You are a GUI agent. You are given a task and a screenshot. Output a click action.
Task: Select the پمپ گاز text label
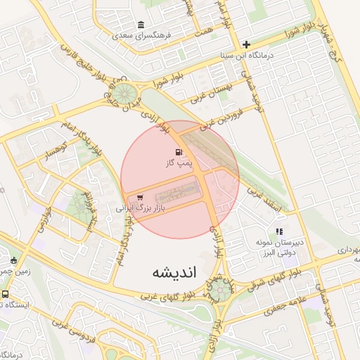coord(178,163)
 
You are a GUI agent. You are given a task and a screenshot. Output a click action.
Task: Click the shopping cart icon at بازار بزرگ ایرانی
coord(140,198)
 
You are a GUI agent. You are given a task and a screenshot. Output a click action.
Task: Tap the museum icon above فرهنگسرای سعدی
coord(141,24)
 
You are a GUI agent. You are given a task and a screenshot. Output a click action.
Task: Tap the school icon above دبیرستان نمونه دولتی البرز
coord(279,231)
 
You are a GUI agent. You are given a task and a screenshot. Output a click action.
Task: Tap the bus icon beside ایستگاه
coord(6,295)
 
